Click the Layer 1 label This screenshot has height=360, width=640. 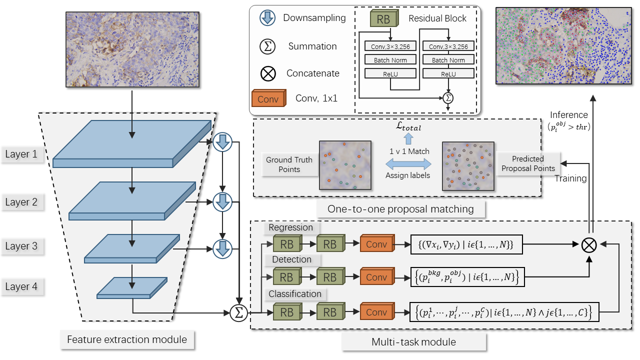click(x=21, y=154)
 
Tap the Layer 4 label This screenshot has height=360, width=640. click(x=21, y=286)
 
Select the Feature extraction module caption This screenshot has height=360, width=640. click(x=127, y=339)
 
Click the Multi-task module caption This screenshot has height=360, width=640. click(x=413, y=341)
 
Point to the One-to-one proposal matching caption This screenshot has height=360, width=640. click(x=400, y=209)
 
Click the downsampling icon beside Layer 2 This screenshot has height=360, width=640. click(x=222, y=202)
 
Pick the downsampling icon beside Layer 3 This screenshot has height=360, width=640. click(x=222, y=249)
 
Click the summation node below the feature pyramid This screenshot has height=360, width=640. click(x=239, y=312)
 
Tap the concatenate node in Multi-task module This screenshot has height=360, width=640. click(x=589, y=245)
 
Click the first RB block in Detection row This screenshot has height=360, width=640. click(x=287, y=276)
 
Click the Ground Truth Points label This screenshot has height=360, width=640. click(x=289, y=164)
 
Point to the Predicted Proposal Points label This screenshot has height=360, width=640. click(x=528, y=163)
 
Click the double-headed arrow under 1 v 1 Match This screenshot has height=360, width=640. click(x=408, y=164)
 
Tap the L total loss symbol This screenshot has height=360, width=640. click(x=408, y=126)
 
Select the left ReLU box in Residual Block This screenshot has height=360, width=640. click(x=390, y=73)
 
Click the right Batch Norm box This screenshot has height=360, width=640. click(x=448, y=59)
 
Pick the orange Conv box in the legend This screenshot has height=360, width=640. click(x=269, y=98)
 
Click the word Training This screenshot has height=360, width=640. click(x=570, y=178)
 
